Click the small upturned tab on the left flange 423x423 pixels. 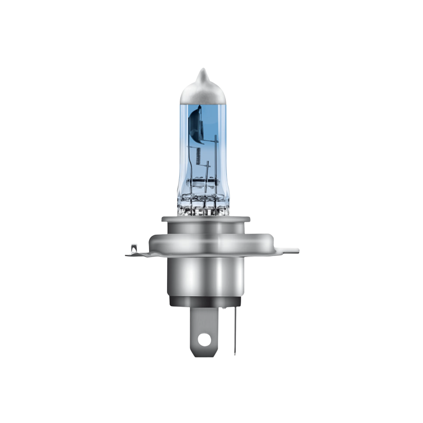(x=133, y=246)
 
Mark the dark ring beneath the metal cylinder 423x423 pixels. (x=203, y=302)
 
